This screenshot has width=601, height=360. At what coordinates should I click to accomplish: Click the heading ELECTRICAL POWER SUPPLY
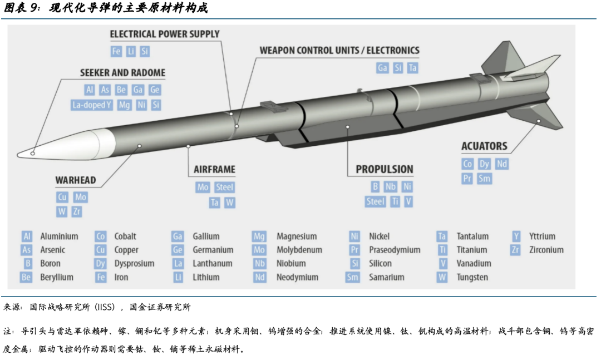(x=165, y=34)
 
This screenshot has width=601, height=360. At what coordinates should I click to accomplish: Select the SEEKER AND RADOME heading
(x=122, y=73)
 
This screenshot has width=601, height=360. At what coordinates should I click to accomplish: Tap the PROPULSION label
(x=385, y=169)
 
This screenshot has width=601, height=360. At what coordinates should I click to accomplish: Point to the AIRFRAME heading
(x=214, y=169)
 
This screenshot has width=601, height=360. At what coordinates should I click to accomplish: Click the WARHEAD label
(x=76, y=180)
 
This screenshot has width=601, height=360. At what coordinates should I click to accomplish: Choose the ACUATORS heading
(x=484, y=146)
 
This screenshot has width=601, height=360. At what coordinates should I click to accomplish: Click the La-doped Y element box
(x=92, y=105)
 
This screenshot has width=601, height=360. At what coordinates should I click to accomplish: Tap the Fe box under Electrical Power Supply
(x=116, y=51)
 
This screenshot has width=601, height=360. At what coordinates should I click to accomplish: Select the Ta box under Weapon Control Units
(x=412, y=68)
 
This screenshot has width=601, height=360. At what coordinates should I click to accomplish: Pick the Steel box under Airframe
(x=224, y=188)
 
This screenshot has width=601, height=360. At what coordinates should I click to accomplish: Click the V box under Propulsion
(x=409, y=201)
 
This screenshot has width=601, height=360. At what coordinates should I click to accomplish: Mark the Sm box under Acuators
(x=485, y=179)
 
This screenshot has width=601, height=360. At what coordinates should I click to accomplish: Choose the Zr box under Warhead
(x=77, y=211)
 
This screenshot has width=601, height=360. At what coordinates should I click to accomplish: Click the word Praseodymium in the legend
(x=395, y=250)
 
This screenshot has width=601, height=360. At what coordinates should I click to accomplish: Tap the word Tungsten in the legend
(x=472, y=277)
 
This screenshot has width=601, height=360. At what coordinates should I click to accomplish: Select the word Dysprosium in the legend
(x=134, y=264)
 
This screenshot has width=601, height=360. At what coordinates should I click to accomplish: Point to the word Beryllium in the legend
(x=57, y=277)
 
